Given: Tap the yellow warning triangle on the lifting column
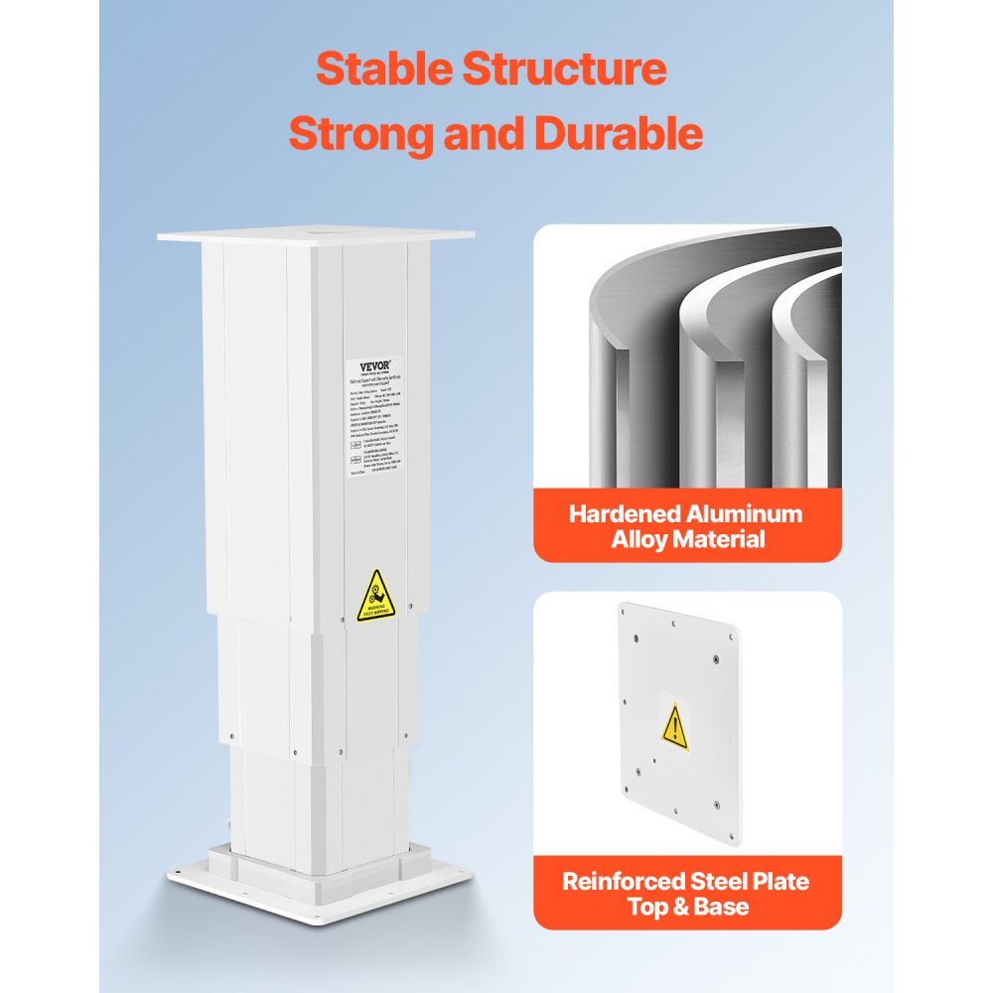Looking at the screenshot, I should coord(375,597).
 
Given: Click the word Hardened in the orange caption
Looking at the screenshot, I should coord(625,514).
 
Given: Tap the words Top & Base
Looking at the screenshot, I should coord(687,907).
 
